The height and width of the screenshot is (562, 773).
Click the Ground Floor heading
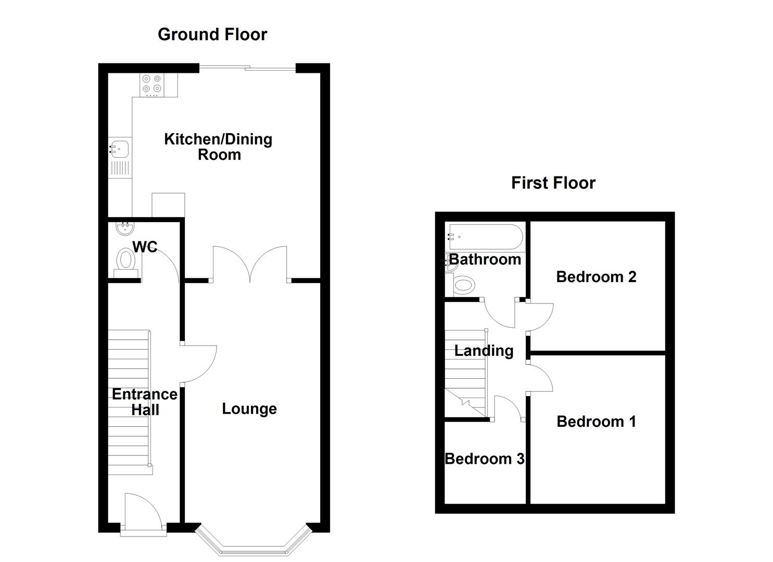click(212, 34)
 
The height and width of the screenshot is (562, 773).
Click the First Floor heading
click(553, 183)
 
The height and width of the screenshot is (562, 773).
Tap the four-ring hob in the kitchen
click(152, 85)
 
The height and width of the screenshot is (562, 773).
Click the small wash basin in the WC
click(125, 228)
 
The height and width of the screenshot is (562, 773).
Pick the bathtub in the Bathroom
click(485, 237)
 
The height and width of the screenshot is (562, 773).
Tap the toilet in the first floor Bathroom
click(462, 285)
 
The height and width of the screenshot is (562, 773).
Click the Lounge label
click(249, 409)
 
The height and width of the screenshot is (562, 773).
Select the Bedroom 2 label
click(596, 277)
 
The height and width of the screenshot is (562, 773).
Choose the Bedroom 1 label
click(596, 421)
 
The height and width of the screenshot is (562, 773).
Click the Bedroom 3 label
click(485, 459)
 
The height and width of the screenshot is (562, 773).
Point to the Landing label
click(484, 351)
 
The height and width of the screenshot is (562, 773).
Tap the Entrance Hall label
click(145, 402)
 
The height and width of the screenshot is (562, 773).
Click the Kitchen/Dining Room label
click(218, 147)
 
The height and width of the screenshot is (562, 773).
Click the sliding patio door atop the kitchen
click(247, 68)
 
